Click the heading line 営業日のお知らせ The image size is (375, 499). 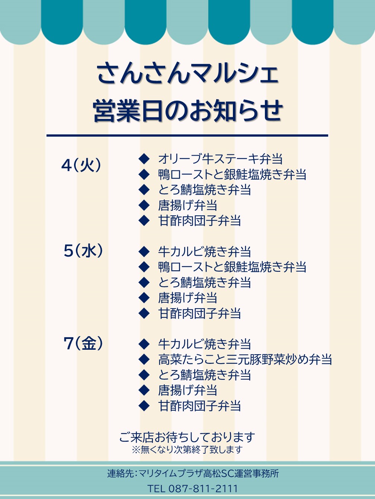click(188, 111)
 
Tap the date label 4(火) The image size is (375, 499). click(81, 165)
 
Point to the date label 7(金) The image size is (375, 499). click(83, 343)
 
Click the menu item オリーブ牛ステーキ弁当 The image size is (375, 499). click(220, 159)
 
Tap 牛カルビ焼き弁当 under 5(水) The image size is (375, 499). click(205, 251)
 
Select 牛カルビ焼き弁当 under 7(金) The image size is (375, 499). click(205, 344)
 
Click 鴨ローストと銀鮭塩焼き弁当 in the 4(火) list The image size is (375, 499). click(232, 174)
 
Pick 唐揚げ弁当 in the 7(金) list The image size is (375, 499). click(187, 390)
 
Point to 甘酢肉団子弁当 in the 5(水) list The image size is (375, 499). click(199, 313)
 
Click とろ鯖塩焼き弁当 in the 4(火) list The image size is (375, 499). click(205, 190)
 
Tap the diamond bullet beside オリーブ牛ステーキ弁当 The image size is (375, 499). click(144, 159)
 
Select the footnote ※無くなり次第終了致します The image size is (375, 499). click(187, 450)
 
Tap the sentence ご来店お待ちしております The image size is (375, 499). click(187, 437)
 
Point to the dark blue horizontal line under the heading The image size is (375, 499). click(187, 136)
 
